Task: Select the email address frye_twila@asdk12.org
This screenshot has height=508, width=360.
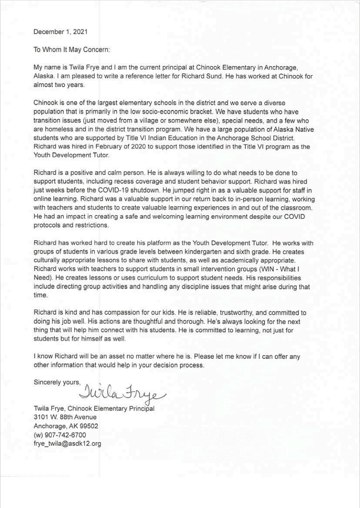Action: coord(67,444)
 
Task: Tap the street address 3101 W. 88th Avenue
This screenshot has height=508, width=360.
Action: coord(65,417)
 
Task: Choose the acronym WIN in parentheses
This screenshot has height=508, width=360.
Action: coord(269,269)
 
